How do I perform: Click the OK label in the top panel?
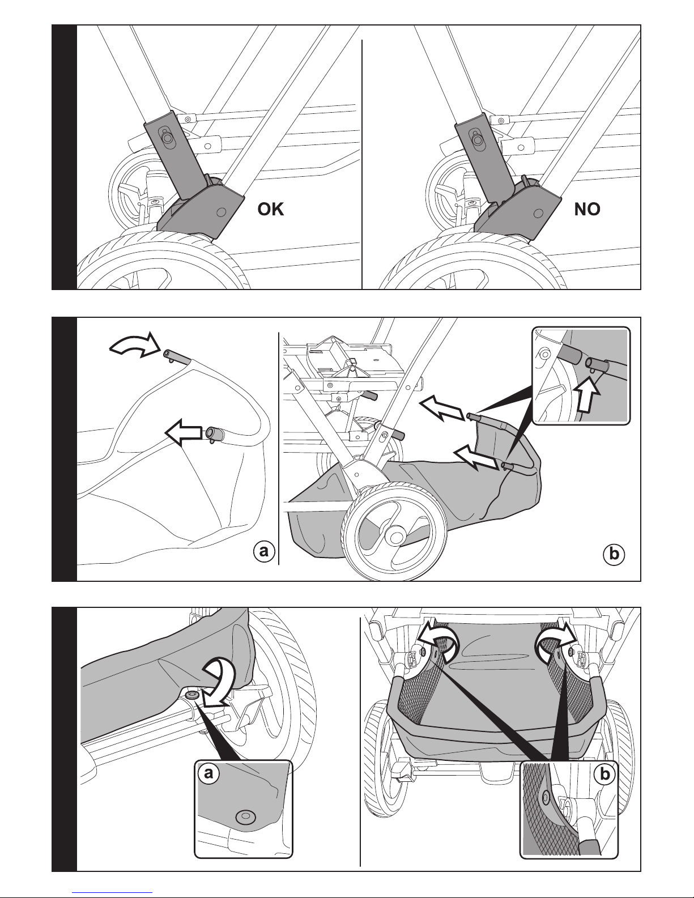pyautogui.click(x=270, y=210)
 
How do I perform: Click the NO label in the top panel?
pyautogui.click(x=587, y=210)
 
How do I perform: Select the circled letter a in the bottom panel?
pyautogui.click(x=208, y=774)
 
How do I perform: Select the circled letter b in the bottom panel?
pyautogui.click(x=605, y=774)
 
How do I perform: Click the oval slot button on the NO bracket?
pyautogui.click(x=478, y=138)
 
